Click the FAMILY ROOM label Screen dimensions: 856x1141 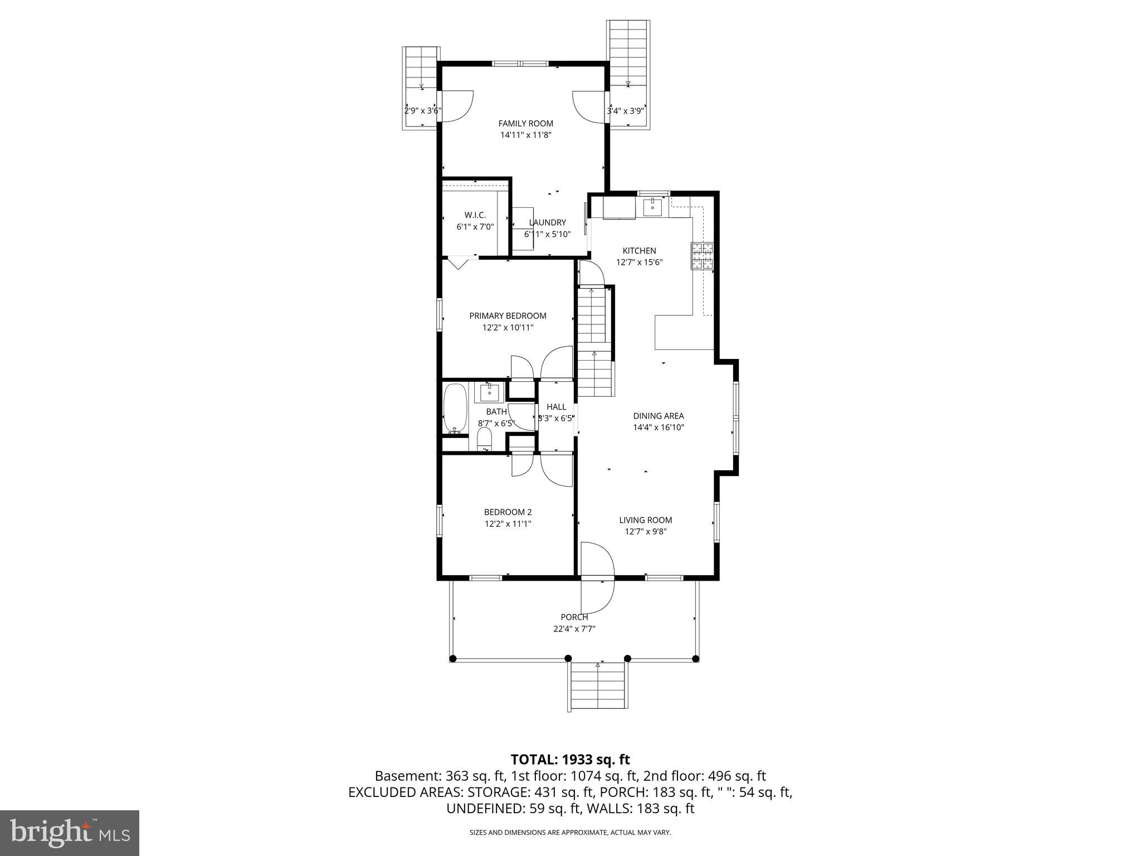tap(525, 124)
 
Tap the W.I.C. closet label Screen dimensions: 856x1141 tap(475, 215)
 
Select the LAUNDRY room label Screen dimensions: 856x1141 tap(547, 222)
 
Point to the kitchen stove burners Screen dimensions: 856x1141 tap(703, 256)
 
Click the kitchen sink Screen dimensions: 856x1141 tap(652, 207)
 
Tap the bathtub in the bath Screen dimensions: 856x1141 tap(455, 408)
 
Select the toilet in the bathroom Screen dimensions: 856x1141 tap(485, 440)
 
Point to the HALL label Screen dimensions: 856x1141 tap(556, 407)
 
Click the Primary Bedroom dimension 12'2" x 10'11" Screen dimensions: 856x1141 tap(508, 328)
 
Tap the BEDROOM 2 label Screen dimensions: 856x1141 tap(508, 512)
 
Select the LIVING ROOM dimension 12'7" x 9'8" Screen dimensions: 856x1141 tap(645, 532)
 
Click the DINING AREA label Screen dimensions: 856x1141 tap(658, 416)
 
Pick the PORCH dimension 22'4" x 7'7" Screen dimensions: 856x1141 tap(574, 629)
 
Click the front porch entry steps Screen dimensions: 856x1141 tap(598, 688)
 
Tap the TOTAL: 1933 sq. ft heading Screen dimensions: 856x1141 tap(570, 759)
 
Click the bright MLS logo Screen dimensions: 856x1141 tap(70, 833)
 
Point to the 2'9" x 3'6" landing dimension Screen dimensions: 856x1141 tap(422, 111)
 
